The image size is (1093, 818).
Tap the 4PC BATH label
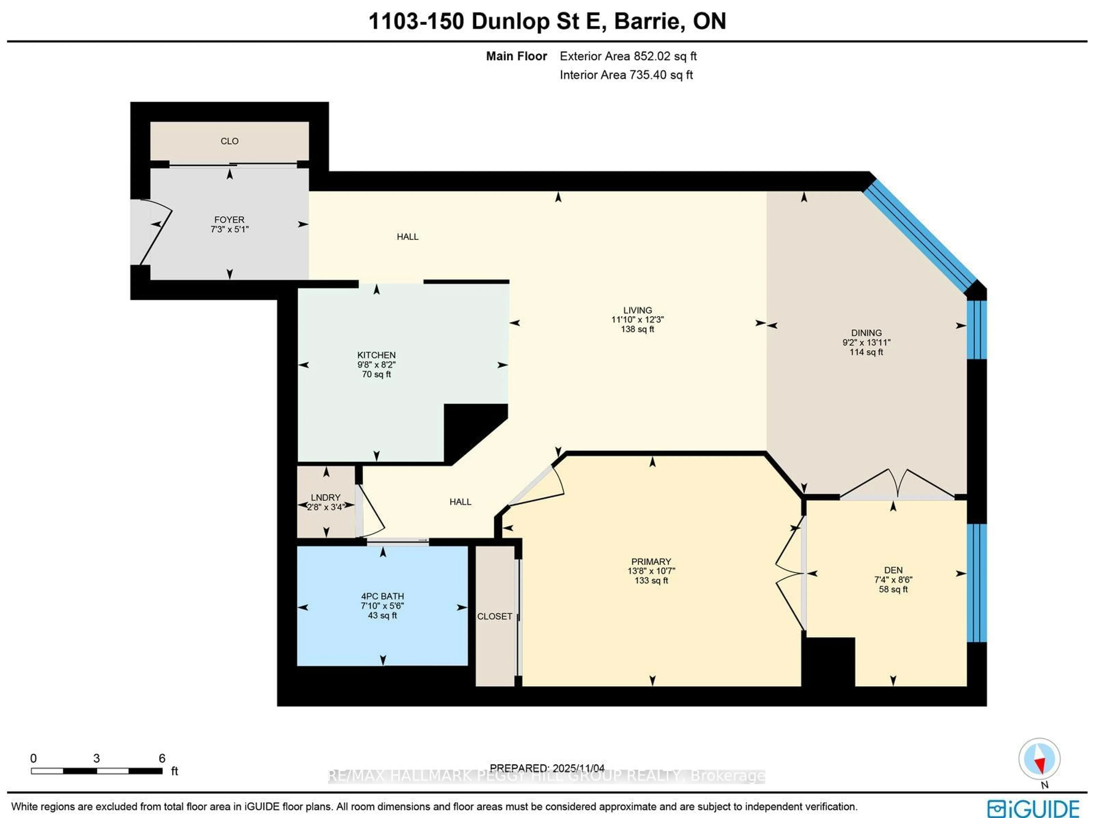coord(382,596)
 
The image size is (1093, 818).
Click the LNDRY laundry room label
coord(326,497)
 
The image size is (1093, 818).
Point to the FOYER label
coord(229,219)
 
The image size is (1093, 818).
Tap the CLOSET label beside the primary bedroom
coord(494,617)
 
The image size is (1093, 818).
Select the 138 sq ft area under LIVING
coord(637,329)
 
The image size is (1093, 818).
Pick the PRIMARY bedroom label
coord(651,562)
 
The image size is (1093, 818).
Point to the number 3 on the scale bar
coord(96,758)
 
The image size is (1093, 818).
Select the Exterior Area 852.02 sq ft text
coord(628,56)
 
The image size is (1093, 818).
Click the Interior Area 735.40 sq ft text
coord(626,75)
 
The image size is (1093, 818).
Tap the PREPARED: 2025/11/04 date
coord(547,768)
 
